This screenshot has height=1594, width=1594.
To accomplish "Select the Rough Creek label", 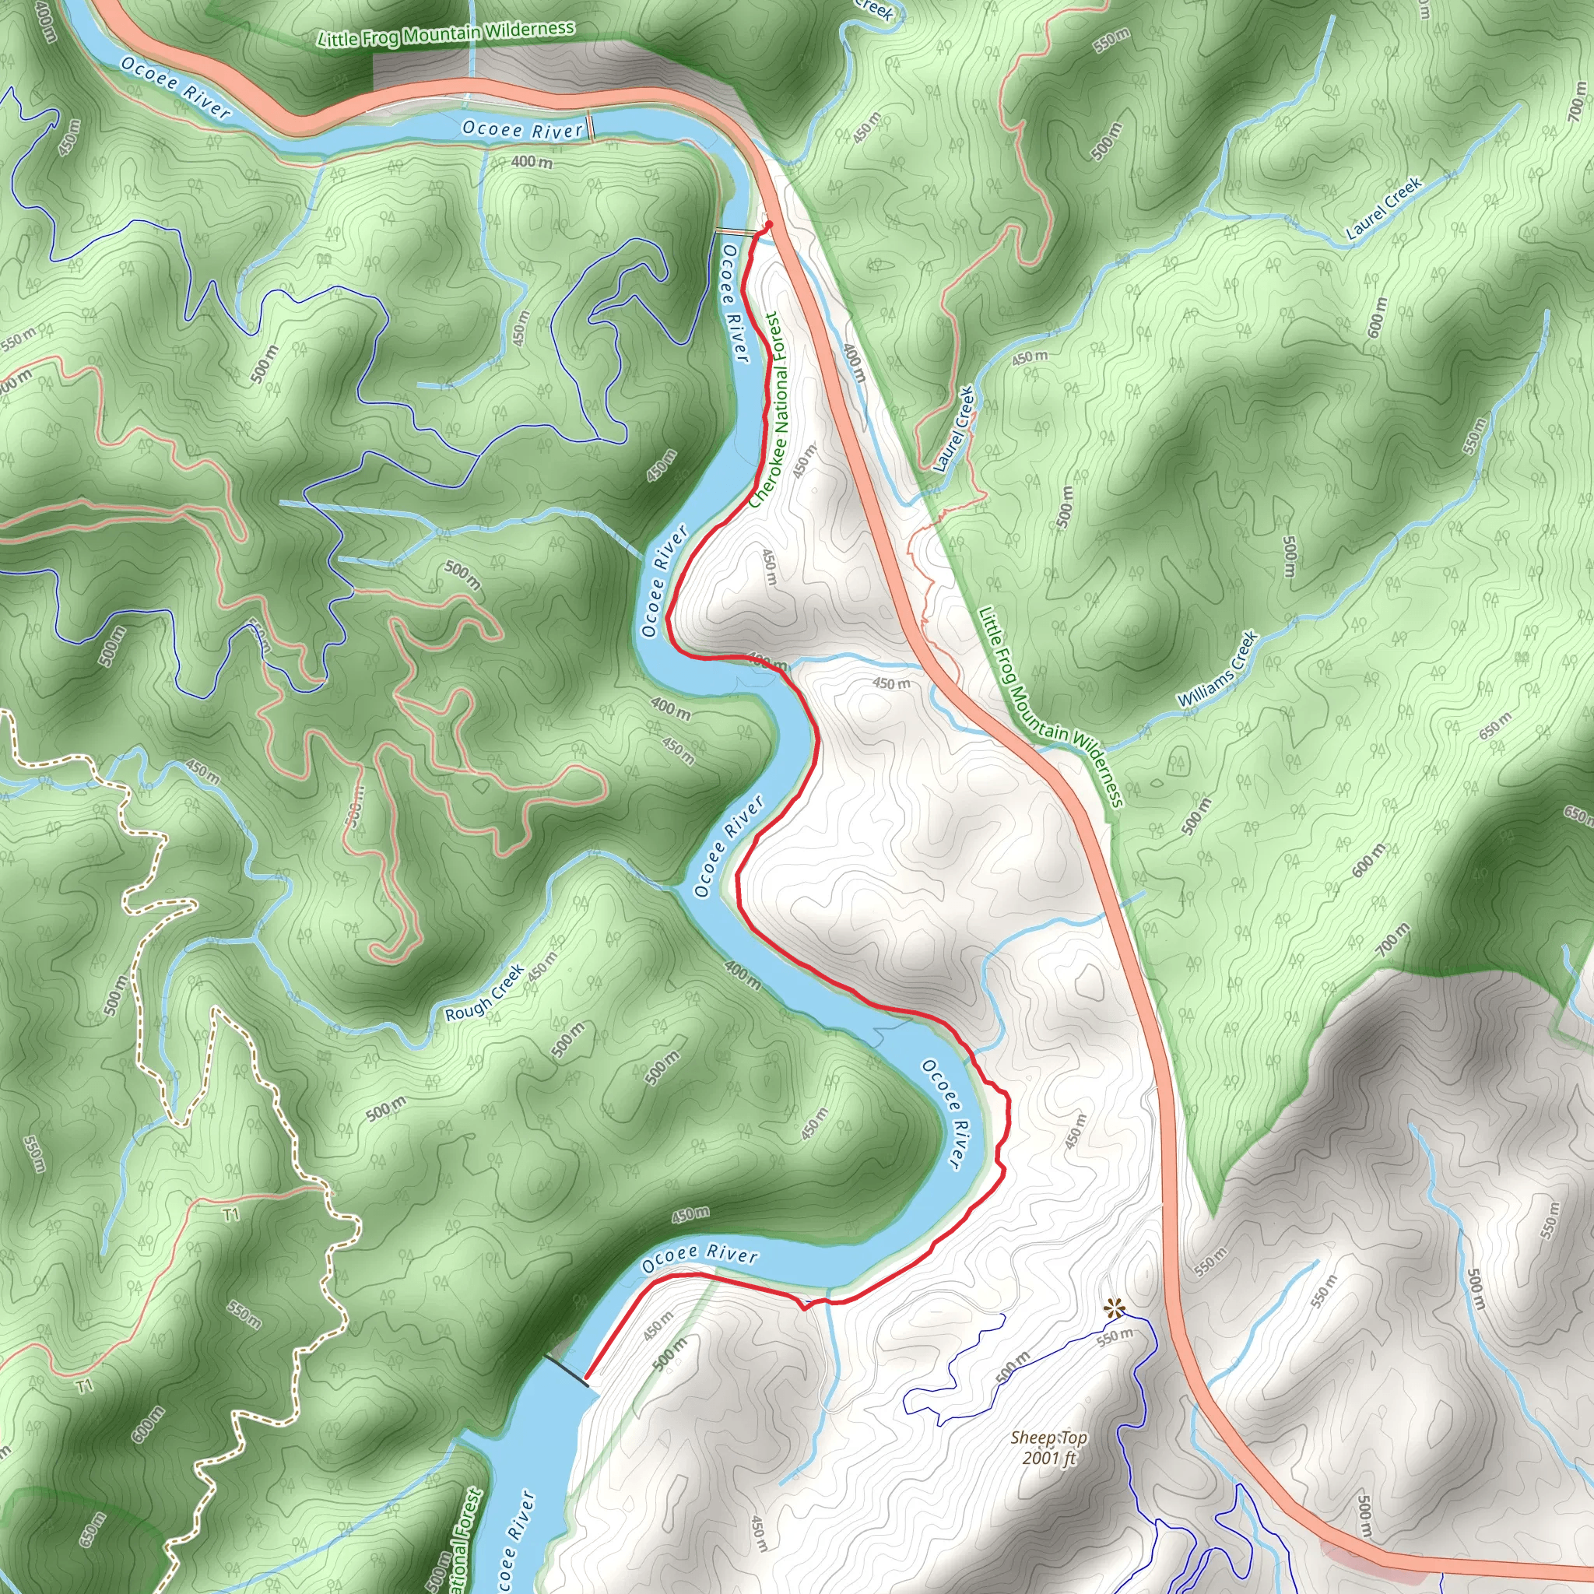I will click(x=484, y=992).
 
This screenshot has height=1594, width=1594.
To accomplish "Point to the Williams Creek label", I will click(x=1218, y=669).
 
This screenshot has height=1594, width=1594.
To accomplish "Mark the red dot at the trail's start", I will click(x=768, y=224).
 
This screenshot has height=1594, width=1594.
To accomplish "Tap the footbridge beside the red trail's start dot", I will click(x=735, y=233).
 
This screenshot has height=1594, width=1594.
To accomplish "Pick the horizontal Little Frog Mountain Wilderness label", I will click(x=446, y=33).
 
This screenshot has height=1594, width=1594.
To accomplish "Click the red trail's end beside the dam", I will click(x=587, y=1377).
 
